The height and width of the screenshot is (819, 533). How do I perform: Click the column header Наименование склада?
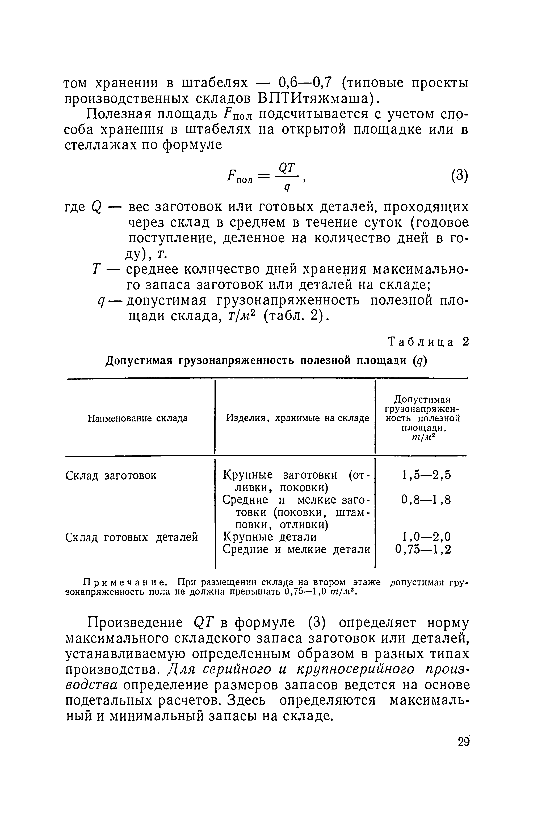point(138,418)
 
